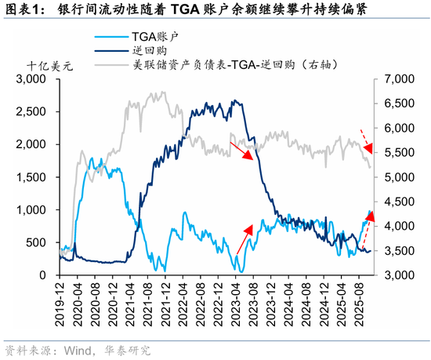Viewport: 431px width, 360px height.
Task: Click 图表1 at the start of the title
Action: pos(21,10)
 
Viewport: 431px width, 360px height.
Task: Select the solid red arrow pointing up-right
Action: pos(244,238)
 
